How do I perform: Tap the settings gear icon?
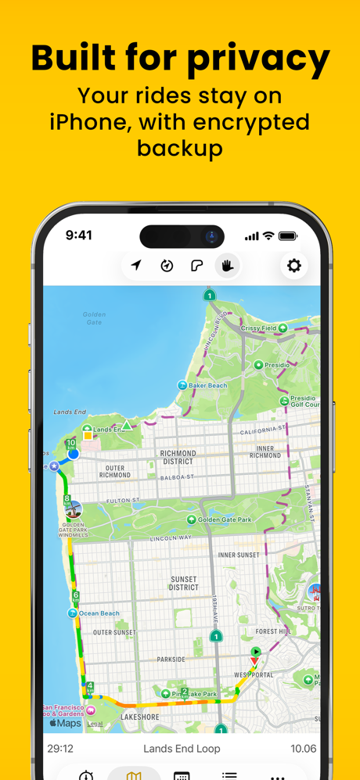pos(294,266)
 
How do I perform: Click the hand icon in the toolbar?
pos(228,266)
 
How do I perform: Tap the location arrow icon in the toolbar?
pos(137,266)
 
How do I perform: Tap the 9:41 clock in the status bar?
pos(78,235)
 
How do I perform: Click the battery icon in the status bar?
pos(288,235)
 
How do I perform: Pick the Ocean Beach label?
pos(99,613)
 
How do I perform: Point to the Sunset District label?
pos(183,584)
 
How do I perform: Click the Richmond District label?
pos(178,457)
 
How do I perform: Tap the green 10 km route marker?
pos(70,444)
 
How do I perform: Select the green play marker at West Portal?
pos(255,651)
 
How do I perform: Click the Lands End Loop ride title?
pos(182,749)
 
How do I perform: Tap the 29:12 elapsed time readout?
pos(60,749)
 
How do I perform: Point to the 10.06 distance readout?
pos(303,749)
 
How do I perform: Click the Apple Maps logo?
pos(66,723)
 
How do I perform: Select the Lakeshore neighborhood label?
pos(140,717)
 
